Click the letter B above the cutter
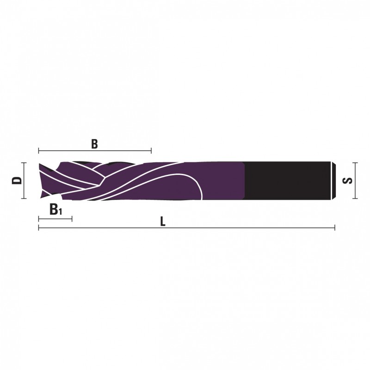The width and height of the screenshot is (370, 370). (x=94, y=144)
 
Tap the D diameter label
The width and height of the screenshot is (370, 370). (x=17, y=181)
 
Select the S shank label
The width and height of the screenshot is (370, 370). (x=348, y=181)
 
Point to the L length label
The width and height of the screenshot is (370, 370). (x=163, y=222)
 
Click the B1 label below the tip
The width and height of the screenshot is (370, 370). (x=55, y=210)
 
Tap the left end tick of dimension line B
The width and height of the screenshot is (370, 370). (x=39, y=151)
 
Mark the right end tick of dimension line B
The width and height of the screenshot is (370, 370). (x=151, y=151)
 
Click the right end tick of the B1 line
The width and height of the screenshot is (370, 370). (x=72, y=219)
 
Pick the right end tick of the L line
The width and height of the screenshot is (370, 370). (x=334, y=228)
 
